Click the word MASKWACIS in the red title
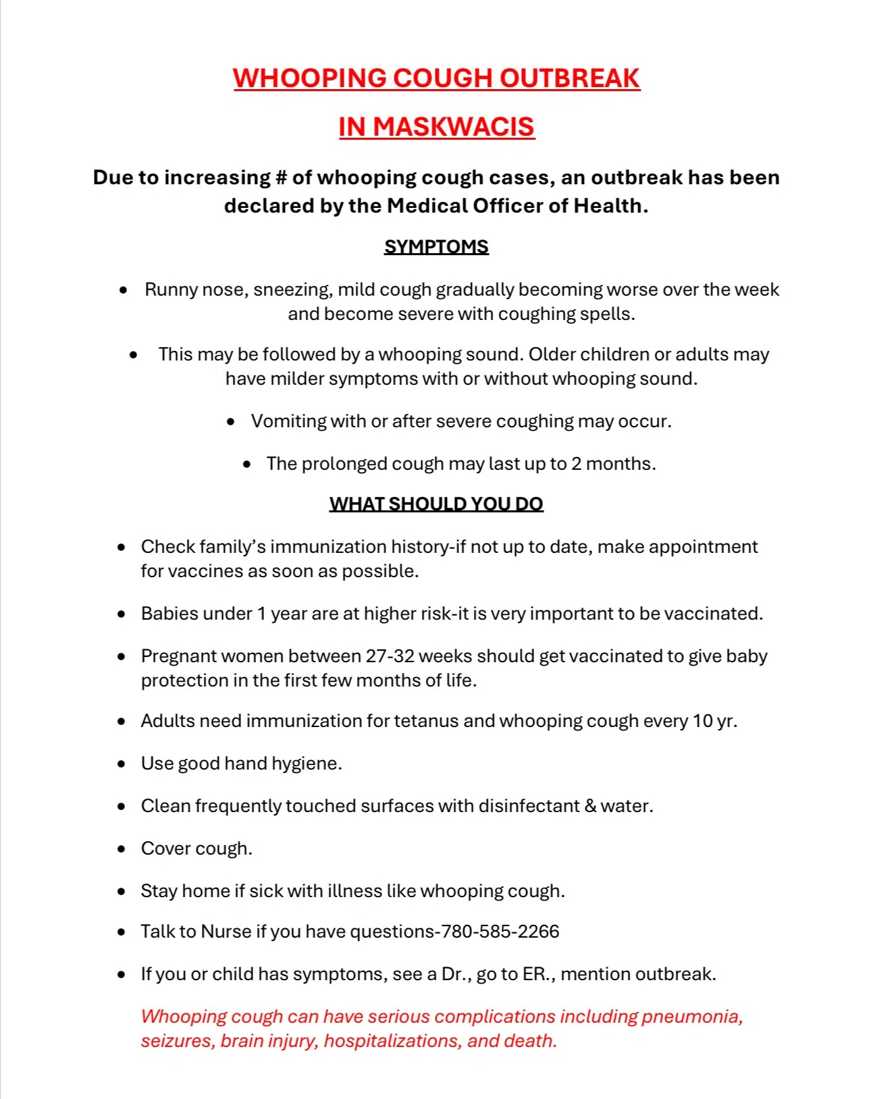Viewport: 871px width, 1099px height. [453, 127]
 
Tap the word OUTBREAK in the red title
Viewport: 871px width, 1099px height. [569, 78]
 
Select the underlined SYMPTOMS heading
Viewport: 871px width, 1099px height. [436, 246]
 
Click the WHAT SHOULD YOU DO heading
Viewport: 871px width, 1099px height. [436, 504]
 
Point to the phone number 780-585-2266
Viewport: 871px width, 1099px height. [500, 932]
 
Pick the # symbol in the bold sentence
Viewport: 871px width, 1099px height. [282, 178]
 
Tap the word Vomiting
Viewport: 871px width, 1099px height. [288, 421]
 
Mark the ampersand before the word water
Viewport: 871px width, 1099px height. [590, 806]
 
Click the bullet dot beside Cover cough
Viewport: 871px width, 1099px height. [122, 849]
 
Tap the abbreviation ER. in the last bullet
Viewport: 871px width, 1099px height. [537, 974]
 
